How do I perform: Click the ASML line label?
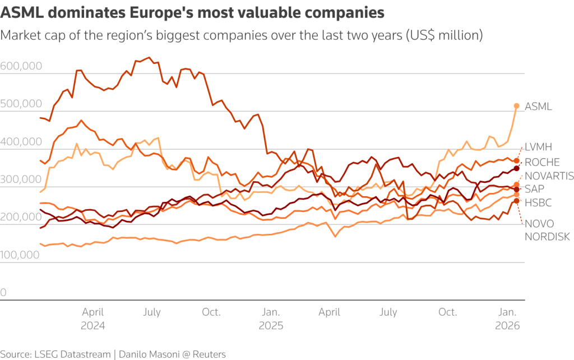538,106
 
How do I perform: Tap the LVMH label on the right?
538,147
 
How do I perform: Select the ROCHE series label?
542,162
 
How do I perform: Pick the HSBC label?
536,202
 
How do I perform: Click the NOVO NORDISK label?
547,230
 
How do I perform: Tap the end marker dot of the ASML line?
517,106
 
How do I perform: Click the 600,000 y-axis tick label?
21,66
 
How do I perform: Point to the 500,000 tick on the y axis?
21,104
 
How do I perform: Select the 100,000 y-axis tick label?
21,255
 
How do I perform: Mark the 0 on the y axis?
3,292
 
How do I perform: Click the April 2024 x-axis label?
93,319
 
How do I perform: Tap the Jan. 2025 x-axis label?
271,319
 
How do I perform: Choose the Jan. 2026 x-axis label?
508,319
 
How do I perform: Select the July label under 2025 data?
388,312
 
